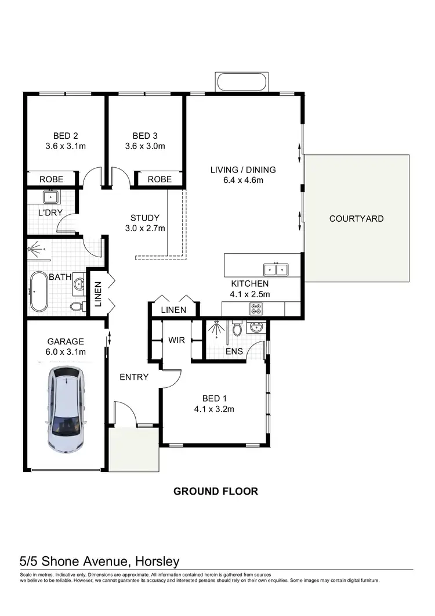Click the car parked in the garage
click(x=66, y=409)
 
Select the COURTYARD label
click(x=356, y=219)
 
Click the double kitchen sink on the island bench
click(x=276, y=269)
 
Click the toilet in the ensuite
click(x=237, y=329)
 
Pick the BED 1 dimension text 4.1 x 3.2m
click(x=213, y=409)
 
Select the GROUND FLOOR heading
click(x=216, y=491)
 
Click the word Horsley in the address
click(x=157, y=561)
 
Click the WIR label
click(x=176, y=340)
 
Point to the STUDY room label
click(x=144, y=218)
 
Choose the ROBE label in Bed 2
click(x=51, y=179)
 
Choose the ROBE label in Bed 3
click(x=159, y=179)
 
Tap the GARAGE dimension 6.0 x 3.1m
click(x=66, y=352)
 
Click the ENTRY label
click(x=134, y=377)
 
